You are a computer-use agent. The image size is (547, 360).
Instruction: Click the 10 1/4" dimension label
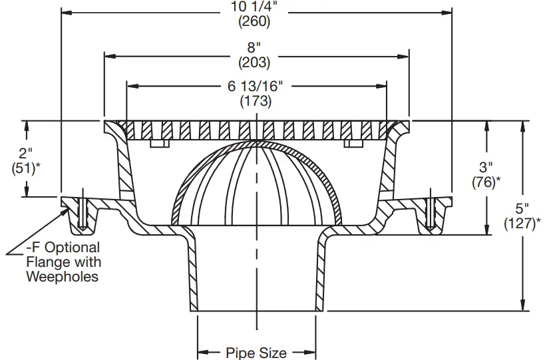click(255, 8)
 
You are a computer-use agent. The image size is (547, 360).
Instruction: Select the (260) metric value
click(255, 22)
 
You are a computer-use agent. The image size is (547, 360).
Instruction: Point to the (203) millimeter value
click(255, 63)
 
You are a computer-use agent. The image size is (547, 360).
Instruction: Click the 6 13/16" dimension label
click(256, 87)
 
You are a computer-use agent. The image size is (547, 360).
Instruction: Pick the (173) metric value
click(256, 101)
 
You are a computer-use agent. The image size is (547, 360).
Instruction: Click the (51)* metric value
click(26, 168)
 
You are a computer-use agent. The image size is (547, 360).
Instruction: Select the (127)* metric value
click(526, 222)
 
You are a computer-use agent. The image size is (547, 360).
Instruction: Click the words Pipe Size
click(256, 352)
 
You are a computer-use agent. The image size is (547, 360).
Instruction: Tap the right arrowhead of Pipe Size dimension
click(310, 352)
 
